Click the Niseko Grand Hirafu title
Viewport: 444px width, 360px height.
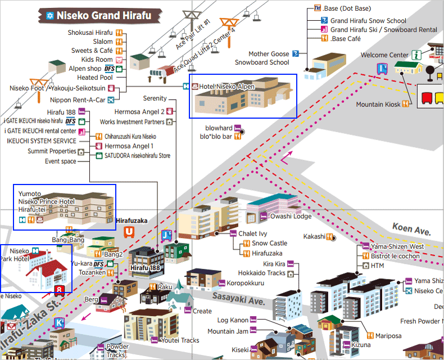[103, 15]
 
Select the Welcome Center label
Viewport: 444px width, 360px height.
[384, 55]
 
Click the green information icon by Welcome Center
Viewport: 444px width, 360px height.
[416, 55]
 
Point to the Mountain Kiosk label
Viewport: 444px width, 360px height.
[378, 104]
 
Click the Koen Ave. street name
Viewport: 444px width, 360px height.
[411, 231]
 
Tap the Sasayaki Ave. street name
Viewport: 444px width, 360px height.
[238, 298]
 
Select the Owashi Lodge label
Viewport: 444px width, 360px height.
[291, 216]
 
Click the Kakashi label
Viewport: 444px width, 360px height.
[314, 236]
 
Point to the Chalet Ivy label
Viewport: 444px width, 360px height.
[252, 233]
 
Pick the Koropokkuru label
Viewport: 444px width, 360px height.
[246, 283]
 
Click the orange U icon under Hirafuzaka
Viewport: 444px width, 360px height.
[129, 231]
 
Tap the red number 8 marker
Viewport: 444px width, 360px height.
[60, 291]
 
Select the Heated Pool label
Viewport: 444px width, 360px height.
[95, 78]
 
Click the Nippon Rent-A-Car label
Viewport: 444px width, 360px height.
[81, 100]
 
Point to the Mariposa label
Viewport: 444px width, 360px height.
[388, 336]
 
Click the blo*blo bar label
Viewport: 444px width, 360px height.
[216, 137]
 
